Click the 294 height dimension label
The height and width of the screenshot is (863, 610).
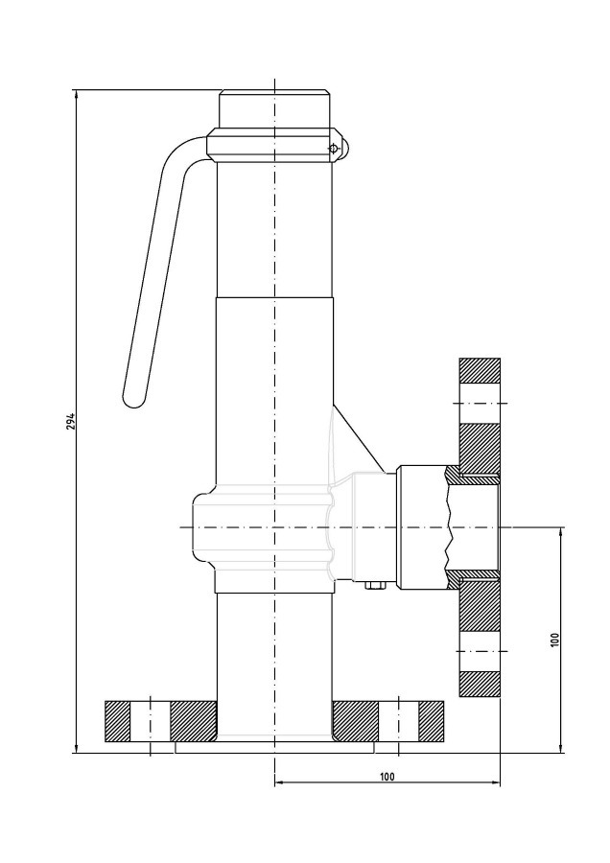pyautogui.click(x=71, y=421)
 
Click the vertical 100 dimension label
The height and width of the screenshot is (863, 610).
pyautogui.click(x=554, y=639)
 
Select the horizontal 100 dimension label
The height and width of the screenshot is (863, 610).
pyautogui.click(x=387, y=777)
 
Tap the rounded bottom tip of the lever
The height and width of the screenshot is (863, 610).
pyautogui.click(x=133, y=400)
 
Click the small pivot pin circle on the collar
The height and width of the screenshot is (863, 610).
pyautogui.click(x=333, y=149)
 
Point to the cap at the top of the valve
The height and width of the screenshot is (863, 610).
pyautogui.click(x=274, y=109)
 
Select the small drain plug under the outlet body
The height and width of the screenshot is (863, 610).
pyautogui.click(x=375, y=586)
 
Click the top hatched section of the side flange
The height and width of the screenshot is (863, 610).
pyautogui.click(x=480, y=370)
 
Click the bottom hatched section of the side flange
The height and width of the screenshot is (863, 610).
pyautogui.click(x=480, y=684)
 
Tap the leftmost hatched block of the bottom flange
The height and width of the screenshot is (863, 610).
pyautogui.click(x=117, y=721)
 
